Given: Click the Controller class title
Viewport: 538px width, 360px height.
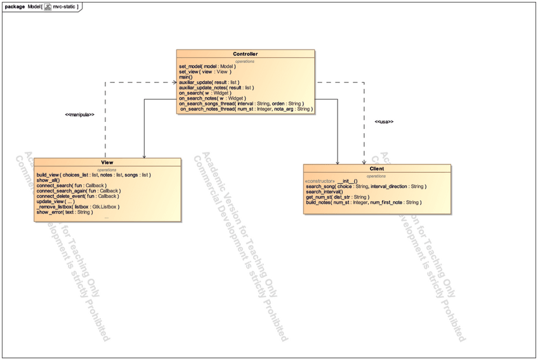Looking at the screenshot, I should pyautogui.click(x=245, y=54).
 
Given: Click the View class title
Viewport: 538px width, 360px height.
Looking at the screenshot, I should pyautogui.click(x=107, y=163).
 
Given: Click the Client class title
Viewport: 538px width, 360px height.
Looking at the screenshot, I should pyautogui.click(x=377, y=169).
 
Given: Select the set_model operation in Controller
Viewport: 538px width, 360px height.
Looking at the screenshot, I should pyautogui.click(x=207, y=66).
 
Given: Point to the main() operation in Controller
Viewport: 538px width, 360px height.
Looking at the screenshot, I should pyautogui.click(x=185, y=77).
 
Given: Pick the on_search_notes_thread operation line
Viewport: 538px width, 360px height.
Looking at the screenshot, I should pyautogui.click(x=246, y=109).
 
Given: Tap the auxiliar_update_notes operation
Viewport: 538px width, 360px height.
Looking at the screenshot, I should pyautogui.click(x=216, y=88).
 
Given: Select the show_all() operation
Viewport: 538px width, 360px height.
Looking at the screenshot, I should pyautogui.click(x=48, y=180).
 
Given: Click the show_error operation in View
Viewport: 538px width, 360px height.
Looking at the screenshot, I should pyautogui.click(x=64, y=212).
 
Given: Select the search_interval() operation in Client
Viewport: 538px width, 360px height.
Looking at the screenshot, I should pyautogui.click(x=324, y=192).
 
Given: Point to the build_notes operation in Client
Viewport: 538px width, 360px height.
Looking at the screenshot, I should pyautogui.click(x=362, y=203).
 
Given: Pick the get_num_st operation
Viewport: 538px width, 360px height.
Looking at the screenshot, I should pyautogui.click(x=337, y=197).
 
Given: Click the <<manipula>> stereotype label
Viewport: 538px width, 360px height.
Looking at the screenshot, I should pyautogui.click(x=79, y=115).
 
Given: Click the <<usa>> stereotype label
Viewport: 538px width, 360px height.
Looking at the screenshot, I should pyautogui.click(x=384, y=121).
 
